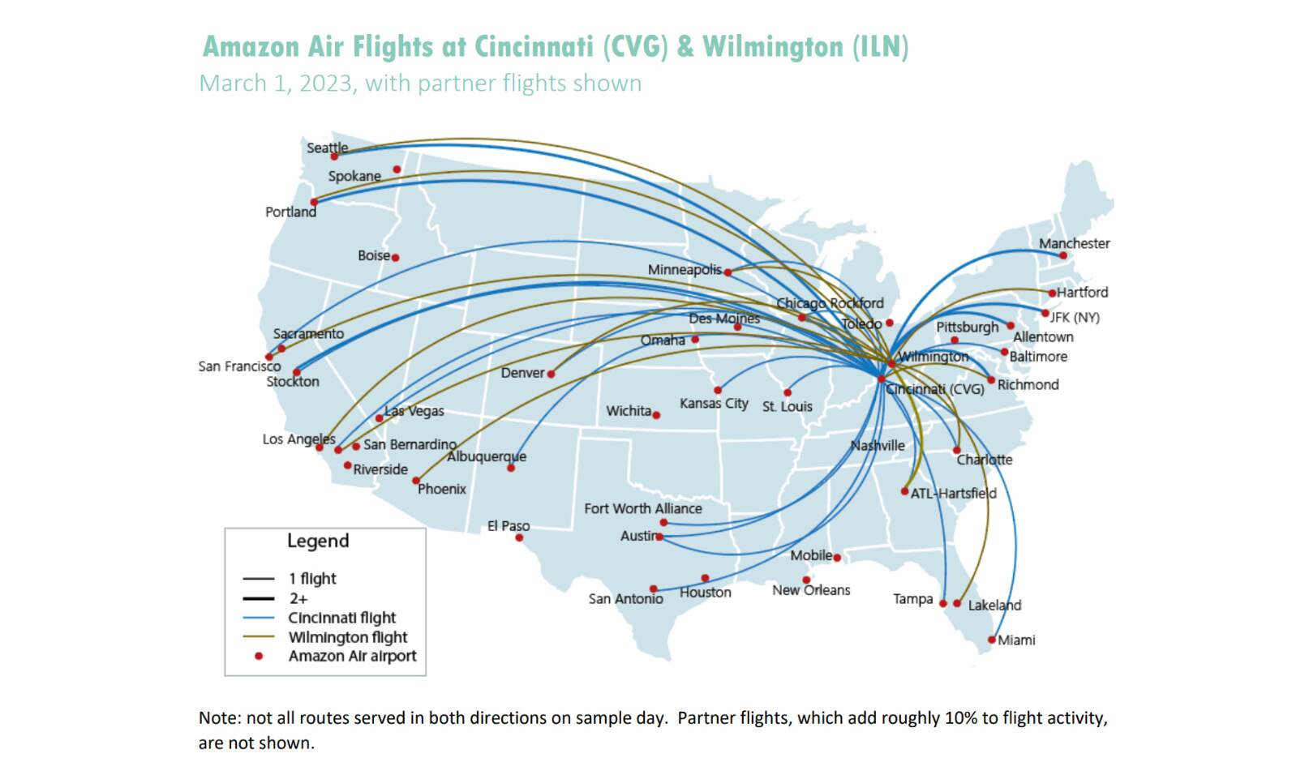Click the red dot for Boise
(x=395, y=258)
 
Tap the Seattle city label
(x=327, y=148)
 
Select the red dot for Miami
(x=991, y=640)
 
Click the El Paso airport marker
(x=519, y=537)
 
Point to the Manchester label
(x=1074, y=243)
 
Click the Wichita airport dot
(x=656, y=415)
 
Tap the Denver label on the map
(x=522, y=373)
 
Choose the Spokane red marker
(x=397, y=169)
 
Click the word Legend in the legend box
(x=318, y=541)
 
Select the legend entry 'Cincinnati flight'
(x=341, y=618)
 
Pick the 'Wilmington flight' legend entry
(x=347, y=637)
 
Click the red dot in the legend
(x=259, y=656)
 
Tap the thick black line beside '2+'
(x=259, y=599)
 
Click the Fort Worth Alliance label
(x=643, y=508)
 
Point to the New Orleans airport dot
(x=806, y=580)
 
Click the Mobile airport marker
(x=837, y=558)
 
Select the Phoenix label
(x=442, y=489)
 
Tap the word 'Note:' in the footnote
(x=220, y=718)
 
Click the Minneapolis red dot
(x=728, y=272)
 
